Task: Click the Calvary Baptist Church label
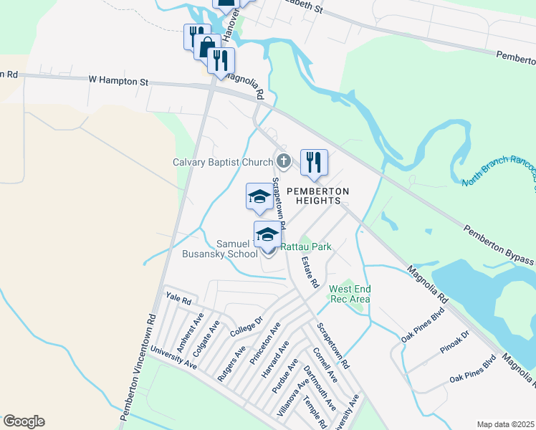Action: tap(223, 162)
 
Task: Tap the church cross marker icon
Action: tap(284, 161)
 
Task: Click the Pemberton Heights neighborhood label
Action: tap(318, 196)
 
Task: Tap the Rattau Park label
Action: tap(306, 247)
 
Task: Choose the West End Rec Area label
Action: tap(349, 293)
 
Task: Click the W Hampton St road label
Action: tap(119, 81)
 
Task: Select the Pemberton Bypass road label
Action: tap(499, 244)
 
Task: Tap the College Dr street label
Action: tap(247, 328)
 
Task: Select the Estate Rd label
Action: tap(310, 272)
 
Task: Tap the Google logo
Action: tap(24, 421)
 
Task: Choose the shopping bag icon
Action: tap(207, 47)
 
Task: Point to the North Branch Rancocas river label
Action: tap(499, 171)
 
